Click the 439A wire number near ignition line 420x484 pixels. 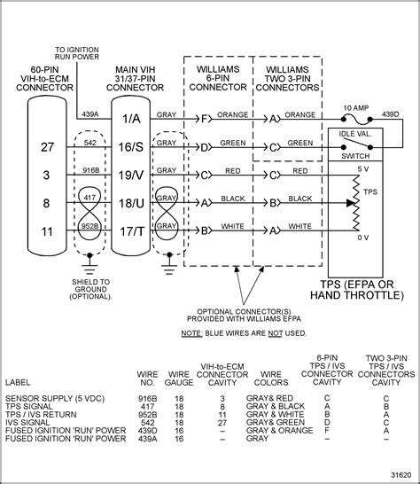click(89, 113)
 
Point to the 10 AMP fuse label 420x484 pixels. click(355, 105)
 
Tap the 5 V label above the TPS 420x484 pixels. click(362, 167)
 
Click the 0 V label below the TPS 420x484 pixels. click(362, 238)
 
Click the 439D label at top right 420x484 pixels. click(392, 113)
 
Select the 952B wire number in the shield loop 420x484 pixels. click(89, 226)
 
